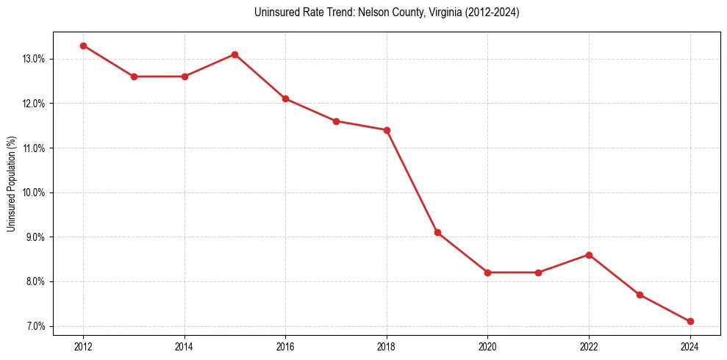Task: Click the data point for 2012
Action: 83,46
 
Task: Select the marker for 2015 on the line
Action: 234,54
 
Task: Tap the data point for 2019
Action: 437,233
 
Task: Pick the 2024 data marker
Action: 690,322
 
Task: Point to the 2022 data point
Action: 589,255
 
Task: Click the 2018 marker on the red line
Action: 387,130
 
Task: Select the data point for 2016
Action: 285,99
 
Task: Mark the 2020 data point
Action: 488,273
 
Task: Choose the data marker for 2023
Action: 640,295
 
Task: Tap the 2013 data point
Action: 134,76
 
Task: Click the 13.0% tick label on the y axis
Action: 34,59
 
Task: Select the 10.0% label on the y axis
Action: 34,192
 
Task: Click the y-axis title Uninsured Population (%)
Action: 11,184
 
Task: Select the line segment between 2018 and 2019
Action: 412,181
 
